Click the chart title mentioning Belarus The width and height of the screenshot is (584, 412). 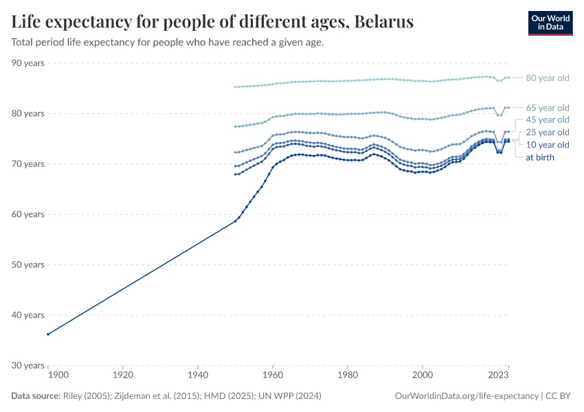[x=212, y=22]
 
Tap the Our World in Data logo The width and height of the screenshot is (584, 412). [x=550, y=23]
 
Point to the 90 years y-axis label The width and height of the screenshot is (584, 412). [x=28, y=63]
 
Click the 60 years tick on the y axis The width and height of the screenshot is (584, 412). [x=28, y=214]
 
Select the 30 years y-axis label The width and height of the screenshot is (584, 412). [x=28, y=365]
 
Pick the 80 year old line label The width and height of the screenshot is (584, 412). [x=547, y=78]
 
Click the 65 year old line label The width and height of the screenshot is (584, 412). [x=547, y=108]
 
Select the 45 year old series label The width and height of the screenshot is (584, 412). [x=547, y=120]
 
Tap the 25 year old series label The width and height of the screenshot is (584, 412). [x=547, y=133]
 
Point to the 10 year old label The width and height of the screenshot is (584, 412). [x=547, y=145]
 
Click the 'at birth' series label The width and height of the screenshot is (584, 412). [x=540, y=157]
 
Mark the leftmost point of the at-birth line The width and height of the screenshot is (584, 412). [x=47, y=334]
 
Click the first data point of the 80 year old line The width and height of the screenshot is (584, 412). [x=235, y=87]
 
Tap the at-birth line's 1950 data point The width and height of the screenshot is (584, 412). [x=235, y=221]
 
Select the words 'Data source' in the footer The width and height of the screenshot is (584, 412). [x=34, y=396]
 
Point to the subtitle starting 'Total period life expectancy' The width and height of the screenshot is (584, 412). [x=168, y=42]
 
